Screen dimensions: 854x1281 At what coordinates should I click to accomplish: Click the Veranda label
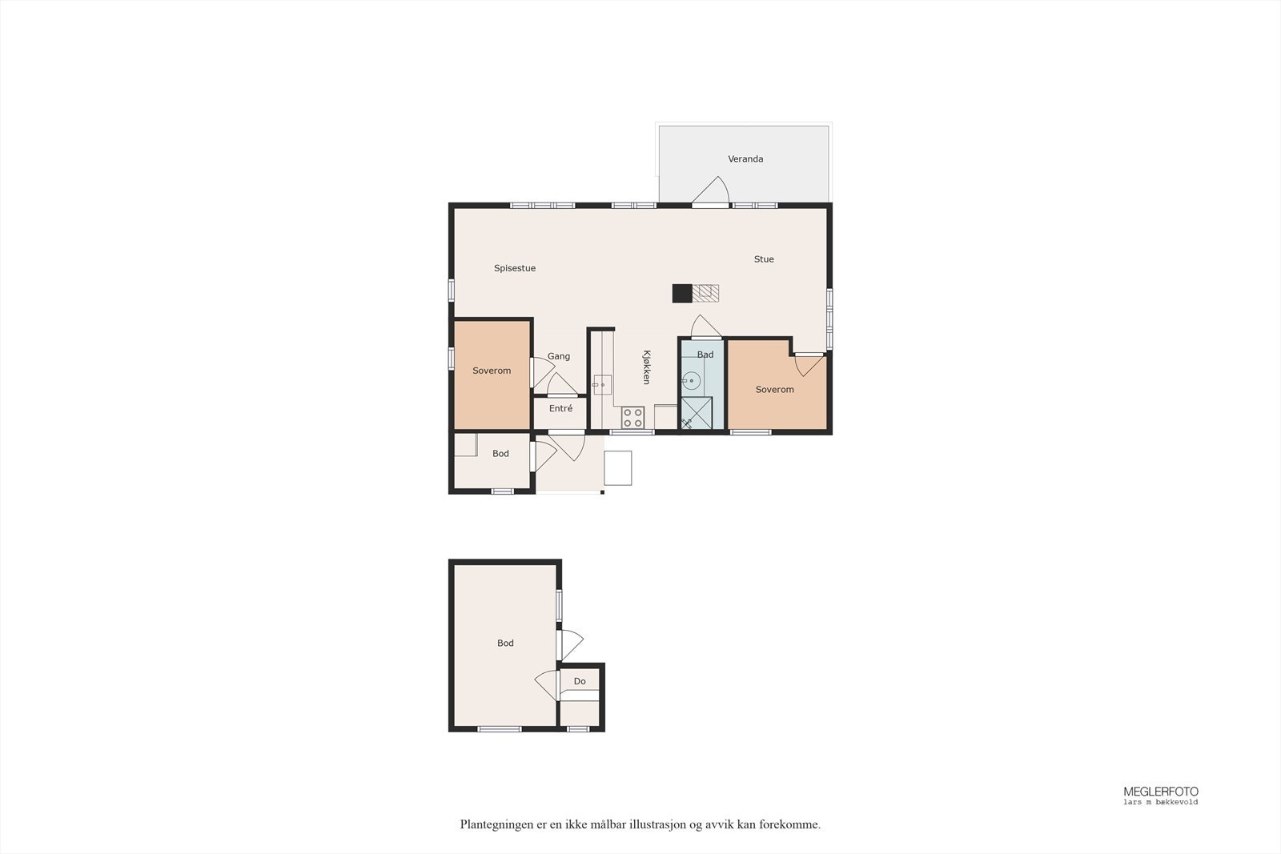(x=745, y=159)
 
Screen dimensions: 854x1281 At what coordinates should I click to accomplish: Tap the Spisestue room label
(x=514, y=268)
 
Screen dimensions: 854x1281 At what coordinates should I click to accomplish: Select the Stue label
(x=764, y=259)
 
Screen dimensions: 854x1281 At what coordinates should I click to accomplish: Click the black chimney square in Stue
(x=681, y=294)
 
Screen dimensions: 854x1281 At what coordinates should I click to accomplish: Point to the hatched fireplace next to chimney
(x=705, y=293)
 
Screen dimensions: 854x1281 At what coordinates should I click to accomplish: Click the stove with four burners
(x=633, y=417)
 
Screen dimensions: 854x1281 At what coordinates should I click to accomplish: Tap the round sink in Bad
(x=691, y=380)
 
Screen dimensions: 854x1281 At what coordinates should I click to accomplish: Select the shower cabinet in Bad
(x=696, y=413)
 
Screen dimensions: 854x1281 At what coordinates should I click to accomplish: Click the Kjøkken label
(x=646, y=367)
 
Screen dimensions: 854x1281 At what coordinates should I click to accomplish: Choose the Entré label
(x=560, y=409)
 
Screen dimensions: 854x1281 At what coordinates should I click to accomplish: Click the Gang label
(x=559, y=356)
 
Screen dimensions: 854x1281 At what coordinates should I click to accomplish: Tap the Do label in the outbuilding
(x=580, y=682)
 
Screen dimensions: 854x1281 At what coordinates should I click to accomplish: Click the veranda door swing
(x=712, y=190)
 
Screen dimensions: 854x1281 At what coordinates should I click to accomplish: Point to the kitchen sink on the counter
(x=602, y=385)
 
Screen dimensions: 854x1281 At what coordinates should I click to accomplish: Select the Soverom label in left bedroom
(x=492, y=371)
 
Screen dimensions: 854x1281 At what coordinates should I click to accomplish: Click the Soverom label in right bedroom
(x=775, y=390)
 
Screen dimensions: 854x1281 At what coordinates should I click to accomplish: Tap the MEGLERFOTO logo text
(x=1161, y=792)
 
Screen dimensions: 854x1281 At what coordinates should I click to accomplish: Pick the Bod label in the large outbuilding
(x=505, y=644)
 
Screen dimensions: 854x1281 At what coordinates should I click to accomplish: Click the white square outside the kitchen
(x=617, y=468)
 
